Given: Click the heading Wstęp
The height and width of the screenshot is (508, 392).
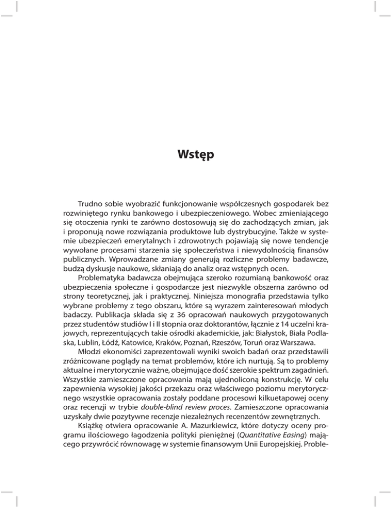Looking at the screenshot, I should pos(196,153).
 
